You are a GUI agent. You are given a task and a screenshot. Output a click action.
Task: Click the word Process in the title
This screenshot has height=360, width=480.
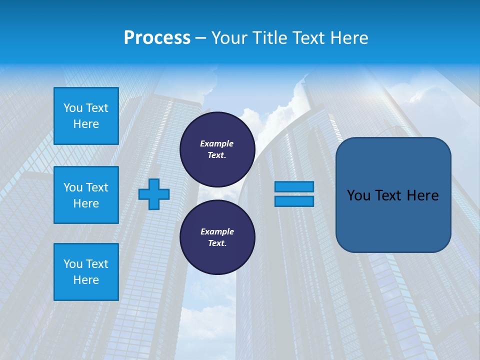point(157,38)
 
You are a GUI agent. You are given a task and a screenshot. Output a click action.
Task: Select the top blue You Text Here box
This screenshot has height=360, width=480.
point(86,116)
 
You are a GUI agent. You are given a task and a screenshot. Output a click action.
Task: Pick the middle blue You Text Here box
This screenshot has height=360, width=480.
point(86,195)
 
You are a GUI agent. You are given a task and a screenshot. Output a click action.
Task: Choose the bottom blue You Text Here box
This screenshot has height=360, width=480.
point(86,272)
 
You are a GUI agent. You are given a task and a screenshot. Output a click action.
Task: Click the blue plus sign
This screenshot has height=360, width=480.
point(154,194)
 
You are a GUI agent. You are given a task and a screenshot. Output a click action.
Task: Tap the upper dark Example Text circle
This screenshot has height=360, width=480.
point(217,149)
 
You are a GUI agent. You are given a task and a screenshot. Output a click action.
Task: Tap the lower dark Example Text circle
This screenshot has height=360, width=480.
point(217,237)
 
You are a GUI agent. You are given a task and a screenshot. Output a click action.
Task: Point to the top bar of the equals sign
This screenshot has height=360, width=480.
point(294,186)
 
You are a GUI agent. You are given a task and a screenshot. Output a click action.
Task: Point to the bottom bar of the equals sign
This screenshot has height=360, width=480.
point(294,201)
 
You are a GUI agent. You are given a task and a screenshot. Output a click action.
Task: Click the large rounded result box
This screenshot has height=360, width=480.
point(393,195)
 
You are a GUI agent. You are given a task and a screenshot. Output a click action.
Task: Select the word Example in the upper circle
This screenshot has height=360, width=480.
point(217,143)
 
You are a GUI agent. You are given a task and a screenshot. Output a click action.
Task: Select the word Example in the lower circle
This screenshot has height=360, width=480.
point(217,231)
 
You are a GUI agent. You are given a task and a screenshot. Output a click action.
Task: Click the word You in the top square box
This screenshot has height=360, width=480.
point(73,108)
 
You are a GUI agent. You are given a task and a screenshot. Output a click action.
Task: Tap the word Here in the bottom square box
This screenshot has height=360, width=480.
point(86,280)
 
